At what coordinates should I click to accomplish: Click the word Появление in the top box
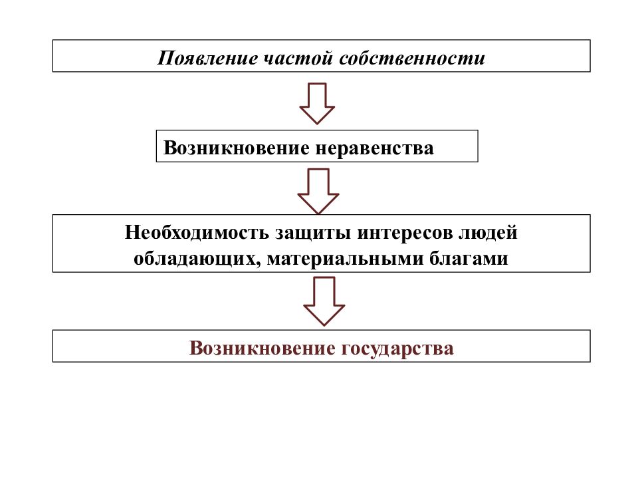(x=207, y=58)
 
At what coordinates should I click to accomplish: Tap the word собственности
(x=412, y=58)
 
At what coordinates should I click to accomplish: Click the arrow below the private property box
(x=317, y=104)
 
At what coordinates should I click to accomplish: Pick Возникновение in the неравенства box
(x=237, y=148)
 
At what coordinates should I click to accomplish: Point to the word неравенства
(x=374, y=148)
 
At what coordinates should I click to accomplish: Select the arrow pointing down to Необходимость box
(x=318, y=191)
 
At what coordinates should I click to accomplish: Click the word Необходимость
(x=197, y=233)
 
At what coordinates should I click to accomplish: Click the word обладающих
(x=195, y=259)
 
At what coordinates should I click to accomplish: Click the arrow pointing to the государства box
(x=324, y=301)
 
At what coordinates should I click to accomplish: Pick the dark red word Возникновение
(x=262, y=348)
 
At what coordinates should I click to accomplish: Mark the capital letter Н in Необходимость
(x=133, y=233)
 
